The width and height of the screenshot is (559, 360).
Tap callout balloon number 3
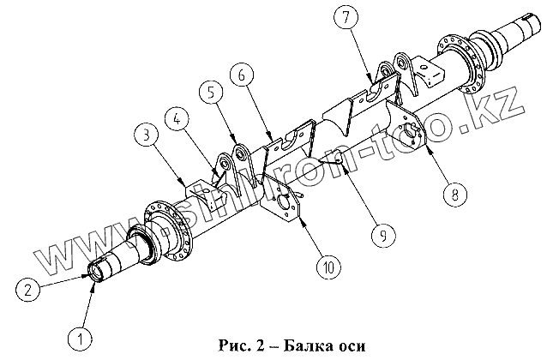[146, 134]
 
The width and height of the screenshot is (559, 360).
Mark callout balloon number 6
[243, 75]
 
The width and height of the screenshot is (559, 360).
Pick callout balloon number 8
[454, 194]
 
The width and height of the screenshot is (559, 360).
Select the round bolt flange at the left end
[168, 226]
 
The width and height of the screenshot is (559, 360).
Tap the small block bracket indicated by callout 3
[203, 191]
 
